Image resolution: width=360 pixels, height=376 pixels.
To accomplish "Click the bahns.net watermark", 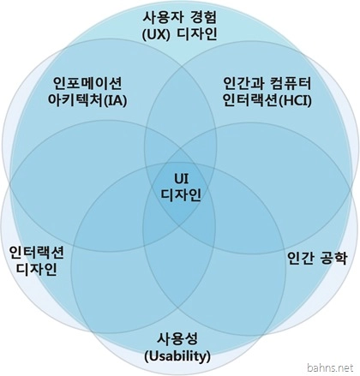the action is click(x=330, y=367).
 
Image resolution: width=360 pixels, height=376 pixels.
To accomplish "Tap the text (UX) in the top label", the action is click(x=156, y=34).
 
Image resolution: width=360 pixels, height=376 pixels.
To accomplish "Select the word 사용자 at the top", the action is click(x=162, y=17).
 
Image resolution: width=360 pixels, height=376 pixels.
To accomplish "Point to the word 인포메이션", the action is click(x=87, y=83).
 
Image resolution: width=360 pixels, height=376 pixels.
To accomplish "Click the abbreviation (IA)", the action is click(x=115, y=101).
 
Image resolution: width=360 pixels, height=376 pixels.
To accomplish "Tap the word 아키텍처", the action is click(x=75, y=101).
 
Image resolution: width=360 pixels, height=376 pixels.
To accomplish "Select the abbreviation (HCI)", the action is click(x=295, y=101).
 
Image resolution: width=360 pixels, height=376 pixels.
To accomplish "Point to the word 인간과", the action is click(x=243, y=83).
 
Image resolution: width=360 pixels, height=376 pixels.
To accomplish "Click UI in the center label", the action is click(x=181, y=179).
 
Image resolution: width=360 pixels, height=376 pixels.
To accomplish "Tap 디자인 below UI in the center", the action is click(x=181, y=195).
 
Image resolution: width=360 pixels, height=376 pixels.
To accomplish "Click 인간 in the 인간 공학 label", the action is click(x=300, y=259).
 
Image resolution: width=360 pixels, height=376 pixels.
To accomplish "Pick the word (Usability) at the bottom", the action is click(x=177, y=356).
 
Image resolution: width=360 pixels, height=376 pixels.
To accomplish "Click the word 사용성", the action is click(x=177, y=339).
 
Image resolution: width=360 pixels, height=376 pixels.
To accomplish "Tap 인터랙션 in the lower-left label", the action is click(x=37, y=252).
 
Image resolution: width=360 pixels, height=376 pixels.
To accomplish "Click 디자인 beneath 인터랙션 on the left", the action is click(x=36, y=269).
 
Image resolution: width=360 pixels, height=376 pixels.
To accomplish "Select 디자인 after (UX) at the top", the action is click(x=197, y=34).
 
